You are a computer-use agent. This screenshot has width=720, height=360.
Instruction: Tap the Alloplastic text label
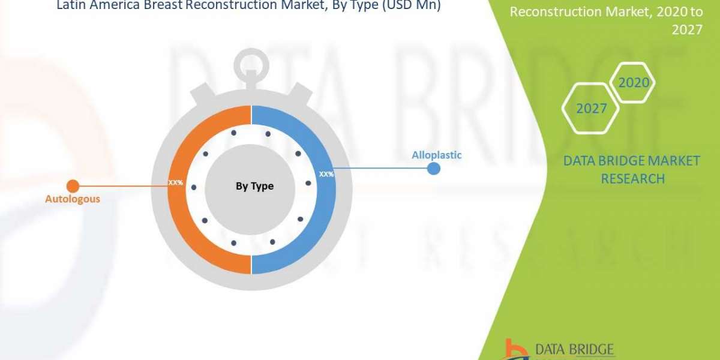(436, 155)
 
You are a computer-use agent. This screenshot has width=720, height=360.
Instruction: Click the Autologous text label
(73, 199)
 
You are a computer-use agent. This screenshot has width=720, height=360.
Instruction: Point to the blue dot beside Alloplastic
(433, 169)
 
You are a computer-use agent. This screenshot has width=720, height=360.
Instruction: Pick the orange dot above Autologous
(73, 185)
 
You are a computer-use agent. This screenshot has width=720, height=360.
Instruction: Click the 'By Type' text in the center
(254, 186)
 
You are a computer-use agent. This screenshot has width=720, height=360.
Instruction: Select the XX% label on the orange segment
(176, 181)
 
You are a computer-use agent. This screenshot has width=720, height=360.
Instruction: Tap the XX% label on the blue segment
(326, 175)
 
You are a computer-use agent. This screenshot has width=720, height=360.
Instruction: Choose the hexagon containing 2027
(591, 109)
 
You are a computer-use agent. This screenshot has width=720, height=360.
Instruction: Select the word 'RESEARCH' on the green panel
(632, 178)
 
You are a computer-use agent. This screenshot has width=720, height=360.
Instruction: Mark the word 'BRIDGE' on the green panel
(617, 161)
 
